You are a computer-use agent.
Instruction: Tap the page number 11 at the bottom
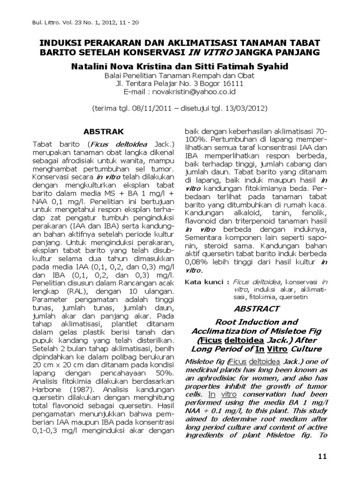322,457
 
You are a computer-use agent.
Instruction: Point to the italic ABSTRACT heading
256,308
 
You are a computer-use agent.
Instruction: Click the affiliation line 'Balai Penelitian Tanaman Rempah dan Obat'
180,76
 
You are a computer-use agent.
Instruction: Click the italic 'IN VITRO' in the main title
213,52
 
